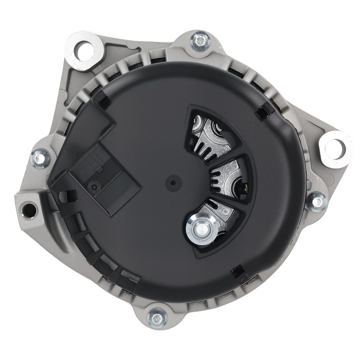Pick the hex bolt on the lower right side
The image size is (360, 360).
tap(317, 202)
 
